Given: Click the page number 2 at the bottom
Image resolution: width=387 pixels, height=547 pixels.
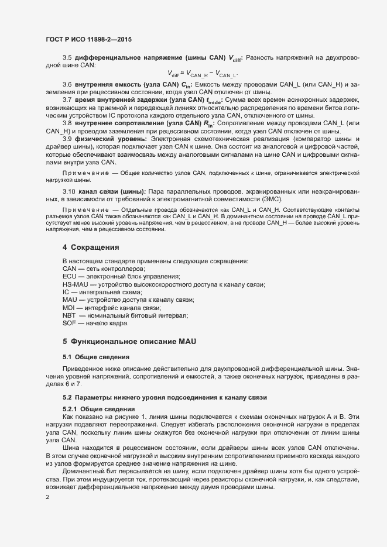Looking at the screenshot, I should point(47,498).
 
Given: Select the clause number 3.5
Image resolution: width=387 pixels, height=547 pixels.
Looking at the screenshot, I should point(67,57).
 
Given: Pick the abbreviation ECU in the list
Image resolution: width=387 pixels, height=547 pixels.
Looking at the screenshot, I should point(69,276).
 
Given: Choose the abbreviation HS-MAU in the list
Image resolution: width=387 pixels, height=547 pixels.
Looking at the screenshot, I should point(74,284).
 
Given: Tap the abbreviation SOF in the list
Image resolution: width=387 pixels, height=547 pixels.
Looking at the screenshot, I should point(69,323).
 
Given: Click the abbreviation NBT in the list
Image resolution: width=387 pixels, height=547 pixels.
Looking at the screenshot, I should point(69,315).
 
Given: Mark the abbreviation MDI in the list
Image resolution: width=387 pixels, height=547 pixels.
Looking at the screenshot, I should point(69,307).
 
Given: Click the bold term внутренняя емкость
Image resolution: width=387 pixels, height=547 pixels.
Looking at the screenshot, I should point(107,85).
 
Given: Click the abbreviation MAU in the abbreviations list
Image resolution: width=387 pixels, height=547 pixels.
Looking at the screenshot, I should point(70,300).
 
